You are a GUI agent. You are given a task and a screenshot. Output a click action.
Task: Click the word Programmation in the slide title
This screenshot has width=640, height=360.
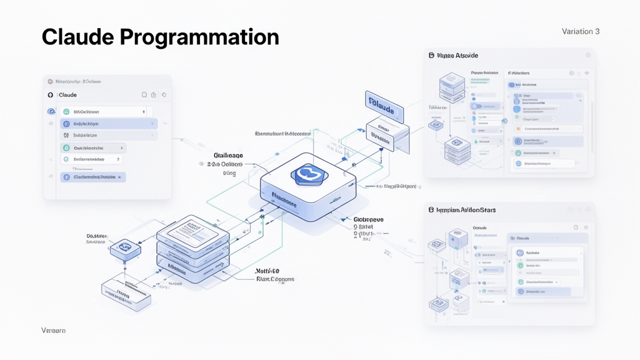point(199,38)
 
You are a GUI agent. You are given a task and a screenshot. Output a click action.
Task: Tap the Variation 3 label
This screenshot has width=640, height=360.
point(581,31)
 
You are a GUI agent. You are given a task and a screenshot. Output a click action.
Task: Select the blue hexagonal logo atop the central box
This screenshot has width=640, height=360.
point(307,174)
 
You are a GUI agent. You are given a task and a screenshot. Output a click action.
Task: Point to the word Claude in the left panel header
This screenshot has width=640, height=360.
point(67,95)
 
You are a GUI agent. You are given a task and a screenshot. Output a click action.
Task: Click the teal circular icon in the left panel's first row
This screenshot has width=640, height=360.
point(66,112)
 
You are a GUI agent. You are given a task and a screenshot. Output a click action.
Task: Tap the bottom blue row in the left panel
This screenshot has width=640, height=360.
point(94,177)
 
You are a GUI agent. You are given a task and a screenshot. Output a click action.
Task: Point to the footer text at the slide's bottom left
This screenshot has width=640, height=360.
point(53,330)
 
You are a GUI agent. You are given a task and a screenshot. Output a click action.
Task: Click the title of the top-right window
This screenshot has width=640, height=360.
point(457,56)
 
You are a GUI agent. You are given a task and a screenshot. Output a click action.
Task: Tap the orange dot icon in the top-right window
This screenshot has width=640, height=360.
point(518,129)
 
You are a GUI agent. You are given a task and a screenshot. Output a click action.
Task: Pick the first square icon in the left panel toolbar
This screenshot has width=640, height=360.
point(144,95)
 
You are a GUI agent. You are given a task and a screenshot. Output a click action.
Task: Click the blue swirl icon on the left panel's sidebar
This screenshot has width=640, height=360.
point(51,111)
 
